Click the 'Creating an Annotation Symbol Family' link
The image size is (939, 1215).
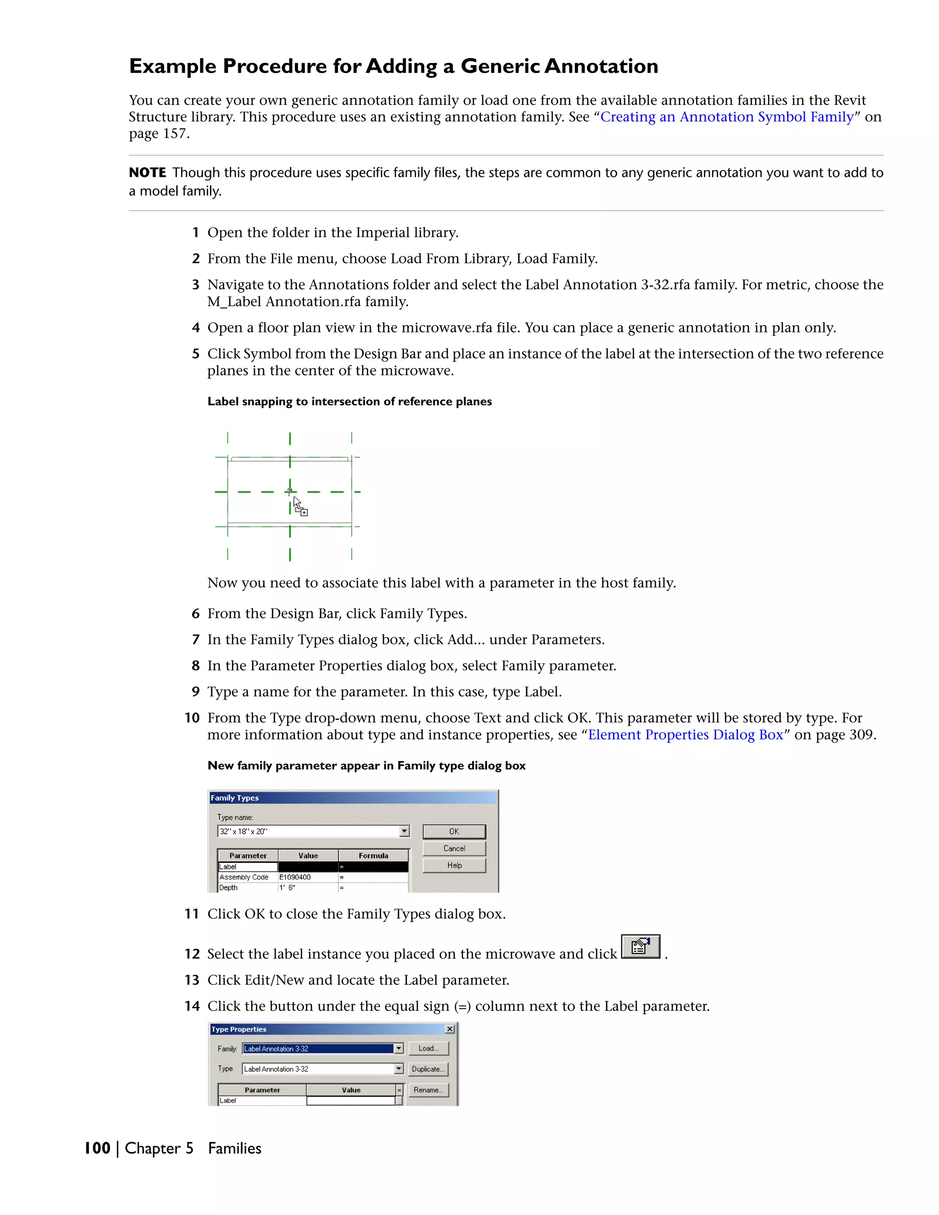click(x=727, y=117)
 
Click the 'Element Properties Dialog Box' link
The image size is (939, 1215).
click(x=685, y=735)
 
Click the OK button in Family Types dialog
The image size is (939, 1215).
click(x=454, y=831)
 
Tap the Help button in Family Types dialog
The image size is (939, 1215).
click(x=454, y=865)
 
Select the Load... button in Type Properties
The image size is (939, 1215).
click(x=428, y=1048)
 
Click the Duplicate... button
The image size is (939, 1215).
click(x=428, y=1069)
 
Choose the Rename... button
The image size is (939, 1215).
click(x=428, y=1090)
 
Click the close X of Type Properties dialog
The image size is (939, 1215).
click(x=450, y=1029)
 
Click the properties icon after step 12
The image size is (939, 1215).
click(x=640, y=946)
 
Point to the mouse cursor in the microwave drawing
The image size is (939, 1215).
click(x=299, y=505)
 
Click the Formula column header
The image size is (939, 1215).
click(x=373, y=856)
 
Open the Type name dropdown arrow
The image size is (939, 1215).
click(x=404, y=831)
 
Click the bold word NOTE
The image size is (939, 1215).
click(x=148, y=173)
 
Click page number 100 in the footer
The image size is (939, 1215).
click(x=97, y=1148)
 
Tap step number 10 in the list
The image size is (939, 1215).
click(x=192, y=718)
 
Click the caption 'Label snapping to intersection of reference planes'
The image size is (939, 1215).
click(x=349, y=402)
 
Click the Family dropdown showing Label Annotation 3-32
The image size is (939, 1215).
click(x=323, y=1049)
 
